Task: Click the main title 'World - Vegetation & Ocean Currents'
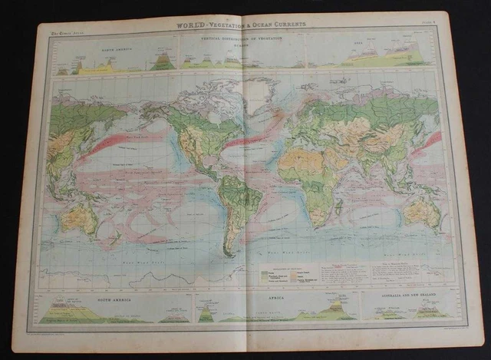242,24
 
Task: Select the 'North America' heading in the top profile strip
111,46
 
